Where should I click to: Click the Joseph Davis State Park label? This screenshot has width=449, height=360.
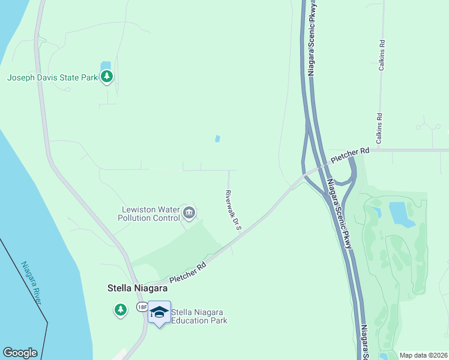[52, 77]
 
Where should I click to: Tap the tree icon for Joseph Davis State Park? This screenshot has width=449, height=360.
[107, 76]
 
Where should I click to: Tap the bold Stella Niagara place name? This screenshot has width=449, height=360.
[133, 288]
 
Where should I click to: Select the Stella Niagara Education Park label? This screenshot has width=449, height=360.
[199, 316]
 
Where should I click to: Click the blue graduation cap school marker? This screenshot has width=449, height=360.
[159, 312]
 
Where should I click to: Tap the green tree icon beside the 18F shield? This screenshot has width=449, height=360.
[121, 310]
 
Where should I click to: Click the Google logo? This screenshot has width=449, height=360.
[20, 353]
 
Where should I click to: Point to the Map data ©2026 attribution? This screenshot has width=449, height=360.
[423, 355]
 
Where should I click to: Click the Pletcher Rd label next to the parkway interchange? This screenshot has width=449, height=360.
[349, 157]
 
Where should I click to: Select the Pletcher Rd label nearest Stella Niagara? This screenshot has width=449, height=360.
[187, 272]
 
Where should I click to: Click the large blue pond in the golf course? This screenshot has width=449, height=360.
[400, 214]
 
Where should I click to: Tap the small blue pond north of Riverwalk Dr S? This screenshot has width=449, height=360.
[217, 139]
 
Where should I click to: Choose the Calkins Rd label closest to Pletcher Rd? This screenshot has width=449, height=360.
[379, 128]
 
